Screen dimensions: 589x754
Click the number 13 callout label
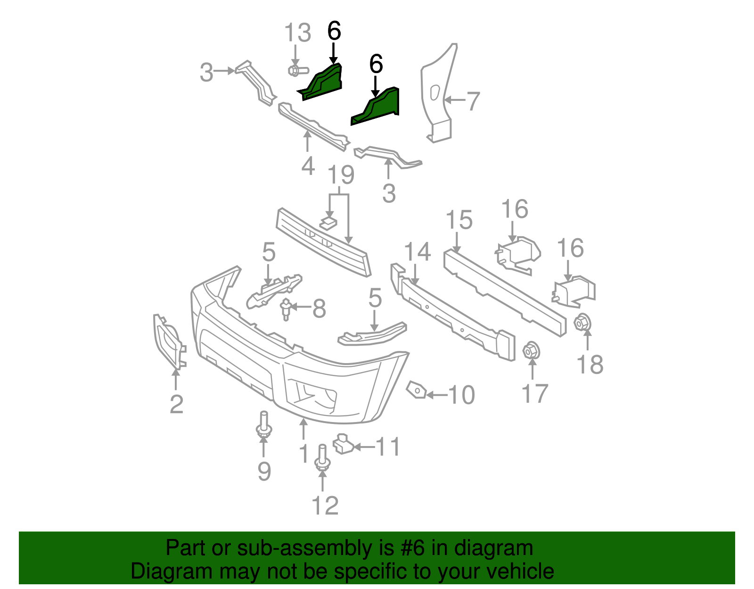pyautogui.click(x=298, y=33)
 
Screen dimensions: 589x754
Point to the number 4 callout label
pyautogui.click(x=308, y=166)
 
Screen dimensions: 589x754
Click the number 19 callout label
pyautogui.click(x=341, y=175)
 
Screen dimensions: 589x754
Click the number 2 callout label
pyautogui.click(x=176, y=404)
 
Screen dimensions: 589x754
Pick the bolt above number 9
pyautogui.click(x=263, y=425)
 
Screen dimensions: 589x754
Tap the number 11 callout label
pyautogui.click(x=389, y=447)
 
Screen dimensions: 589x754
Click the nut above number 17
pyautogui.click(x=532, y=351)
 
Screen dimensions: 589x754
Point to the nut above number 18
pyautogui.click(x=582, y=323)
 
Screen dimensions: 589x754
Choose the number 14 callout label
pyautogui.click(x=418, y=252)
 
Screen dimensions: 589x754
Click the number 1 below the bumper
pyautogui.click(x=304, y=454)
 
